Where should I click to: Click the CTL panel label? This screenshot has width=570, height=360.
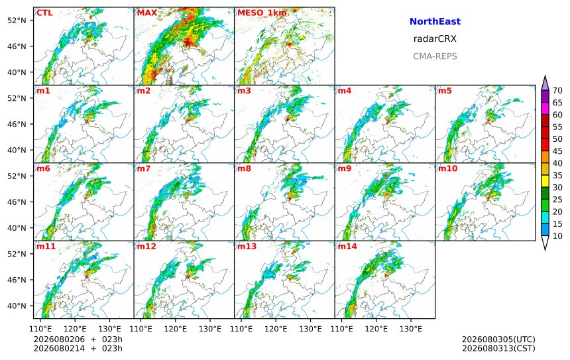click(44, 13)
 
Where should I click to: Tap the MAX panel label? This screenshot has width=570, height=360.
click(147, 13)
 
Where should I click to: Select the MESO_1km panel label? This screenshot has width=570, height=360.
click(262, 13)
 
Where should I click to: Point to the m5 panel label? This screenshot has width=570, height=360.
click(445, 91)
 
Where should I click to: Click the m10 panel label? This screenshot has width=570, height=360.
click(447, 168)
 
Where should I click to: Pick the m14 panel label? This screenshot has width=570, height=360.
click(347, 247)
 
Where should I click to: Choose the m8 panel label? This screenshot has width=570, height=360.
click(245, 168)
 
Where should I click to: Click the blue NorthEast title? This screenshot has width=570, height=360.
click(435, 21)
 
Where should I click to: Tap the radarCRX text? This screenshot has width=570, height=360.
click(435, 39)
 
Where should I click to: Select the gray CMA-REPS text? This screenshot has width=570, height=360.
click(435, 56)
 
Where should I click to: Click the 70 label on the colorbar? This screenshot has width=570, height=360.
click(557, 91)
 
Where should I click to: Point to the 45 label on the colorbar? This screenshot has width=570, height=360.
click(557, 151)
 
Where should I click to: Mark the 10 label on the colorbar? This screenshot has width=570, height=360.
click(557, 236)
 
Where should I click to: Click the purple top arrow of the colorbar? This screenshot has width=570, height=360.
click(545, 84)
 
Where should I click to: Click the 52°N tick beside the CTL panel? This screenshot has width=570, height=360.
click(17, 21)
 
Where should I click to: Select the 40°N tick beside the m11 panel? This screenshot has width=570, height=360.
click(17, 306)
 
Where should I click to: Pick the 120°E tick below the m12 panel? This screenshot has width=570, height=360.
click(175, 329)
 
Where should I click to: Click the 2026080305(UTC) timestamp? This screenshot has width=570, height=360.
click(498, 339)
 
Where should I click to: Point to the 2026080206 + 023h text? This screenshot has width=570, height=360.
click(78, 339)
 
